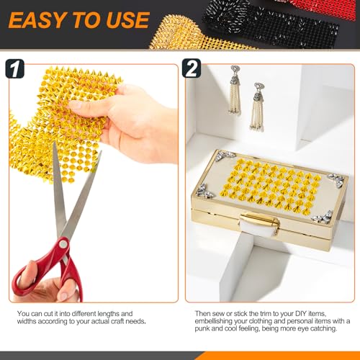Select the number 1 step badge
[15, 69]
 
